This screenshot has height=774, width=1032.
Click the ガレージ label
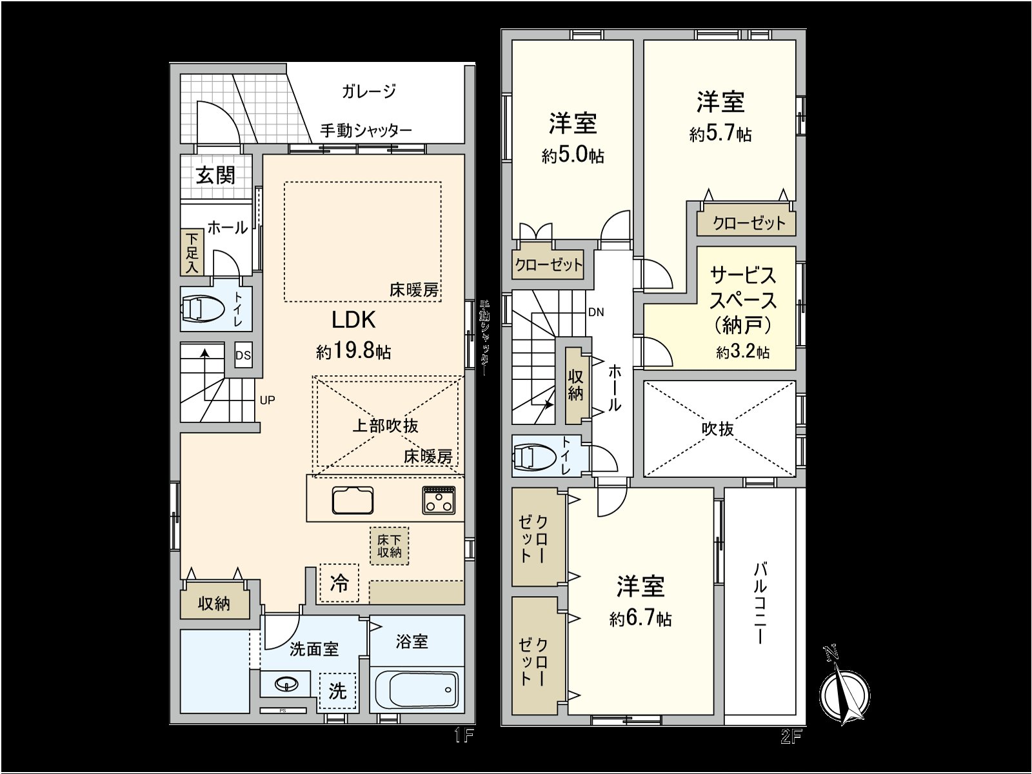[368, 92]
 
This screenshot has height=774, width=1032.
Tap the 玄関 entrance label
[215, 175]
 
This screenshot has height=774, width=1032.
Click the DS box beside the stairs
[243, 355]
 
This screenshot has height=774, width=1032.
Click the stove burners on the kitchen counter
[439, 500]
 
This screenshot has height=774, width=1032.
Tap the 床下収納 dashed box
[389, 546]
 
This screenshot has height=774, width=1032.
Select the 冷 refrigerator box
[339, 583]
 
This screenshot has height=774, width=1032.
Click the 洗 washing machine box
[337, 691]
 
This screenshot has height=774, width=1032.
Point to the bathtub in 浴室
[417, 690]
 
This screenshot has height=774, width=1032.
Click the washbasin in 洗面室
[285, 684]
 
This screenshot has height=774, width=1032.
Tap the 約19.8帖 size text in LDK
[353, 352]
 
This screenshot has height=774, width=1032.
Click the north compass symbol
[845, 693]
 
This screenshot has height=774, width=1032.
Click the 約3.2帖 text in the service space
[742, 352]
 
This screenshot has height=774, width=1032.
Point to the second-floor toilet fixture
[535, 457]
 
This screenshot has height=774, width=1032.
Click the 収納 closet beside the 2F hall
[575, 386]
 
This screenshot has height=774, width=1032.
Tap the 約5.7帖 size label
[720, 134]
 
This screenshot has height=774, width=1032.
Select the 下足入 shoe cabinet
[192, 252]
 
